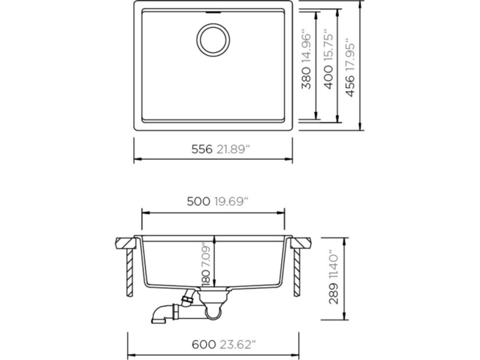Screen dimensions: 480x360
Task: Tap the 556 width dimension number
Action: [x=202, y=149]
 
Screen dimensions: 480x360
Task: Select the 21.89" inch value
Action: [x=233, y=149]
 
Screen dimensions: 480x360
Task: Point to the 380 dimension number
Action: [x=306, y=78]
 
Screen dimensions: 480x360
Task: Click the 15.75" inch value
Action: [x=328, y=45]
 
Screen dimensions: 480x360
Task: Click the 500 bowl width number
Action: [x=198, y=201]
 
